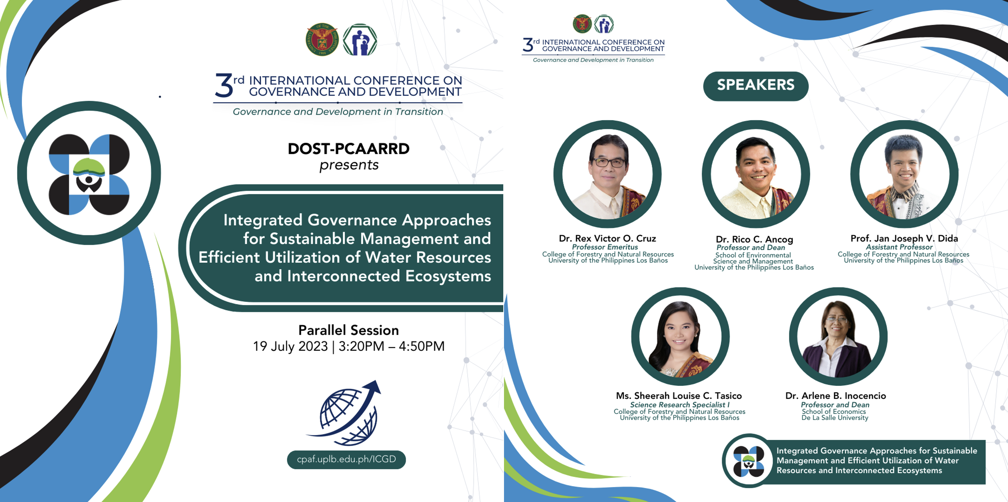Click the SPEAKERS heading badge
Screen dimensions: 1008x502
(756, 86)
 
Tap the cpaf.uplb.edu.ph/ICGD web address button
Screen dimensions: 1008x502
(346, 459)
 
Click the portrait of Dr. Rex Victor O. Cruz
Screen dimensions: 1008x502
(607, 174)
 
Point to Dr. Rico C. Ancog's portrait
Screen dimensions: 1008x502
(756, 174)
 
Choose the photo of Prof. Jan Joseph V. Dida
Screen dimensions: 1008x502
(904, 174)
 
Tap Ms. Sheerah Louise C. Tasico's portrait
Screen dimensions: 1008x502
(680, 336)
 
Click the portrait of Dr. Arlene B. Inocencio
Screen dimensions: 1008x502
(838, 336)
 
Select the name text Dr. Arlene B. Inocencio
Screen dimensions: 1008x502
(836, 396)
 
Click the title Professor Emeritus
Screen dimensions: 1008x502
(605, 247)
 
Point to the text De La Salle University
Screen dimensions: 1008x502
(835, 418)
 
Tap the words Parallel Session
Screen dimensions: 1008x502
(348, 330)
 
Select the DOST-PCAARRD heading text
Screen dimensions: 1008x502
(348, 149)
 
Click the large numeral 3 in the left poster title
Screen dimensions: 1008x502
(224, 85)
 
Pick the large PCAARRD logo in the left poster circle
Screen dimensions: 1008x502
(89, 174)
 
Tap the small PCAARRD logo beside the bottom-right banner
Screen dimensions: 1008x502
(748, 461)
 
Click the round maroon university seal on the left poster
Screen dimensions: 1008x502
(322, 39)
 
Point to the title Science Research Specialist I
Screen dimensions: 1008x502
(680, 404)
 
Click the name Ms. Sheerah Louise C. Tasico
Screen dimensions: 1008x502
(679, 396)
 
